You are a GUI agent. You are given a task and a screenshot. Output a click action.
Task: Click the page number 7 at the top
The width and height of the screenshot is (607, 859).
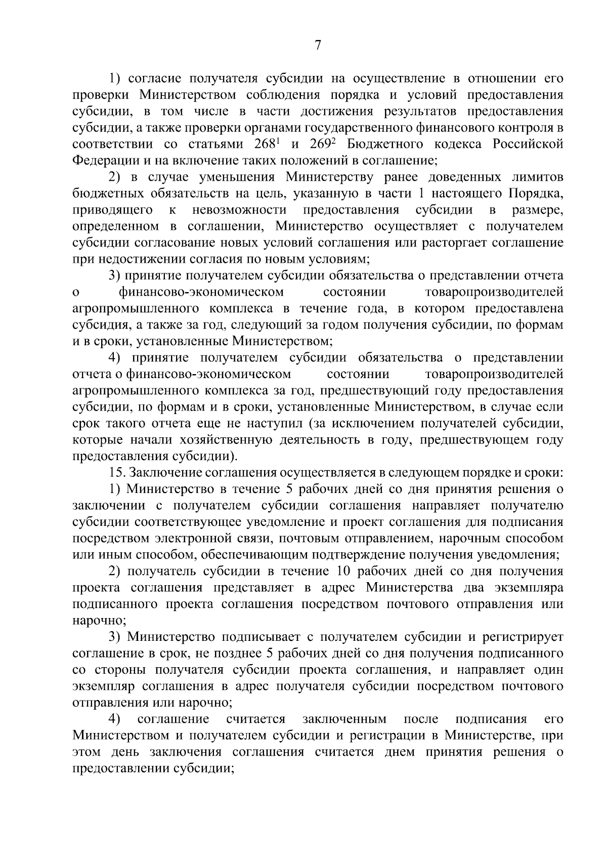click(x=318, y=46)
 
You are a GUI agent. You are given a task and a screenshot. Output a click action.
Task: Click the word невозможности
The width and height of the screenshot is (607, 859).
click(x=239, y=210)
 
